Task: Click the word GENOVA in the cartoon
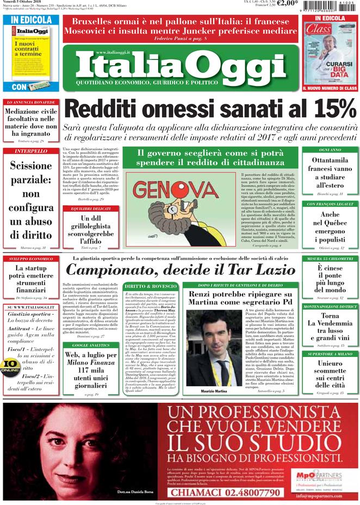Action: pos(175,189)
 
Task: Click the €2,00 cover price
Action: pos(287,3)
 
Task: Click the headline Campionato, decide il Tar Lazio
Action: pos(181,271)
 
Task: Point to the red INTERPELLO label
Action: pos(30,151)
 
